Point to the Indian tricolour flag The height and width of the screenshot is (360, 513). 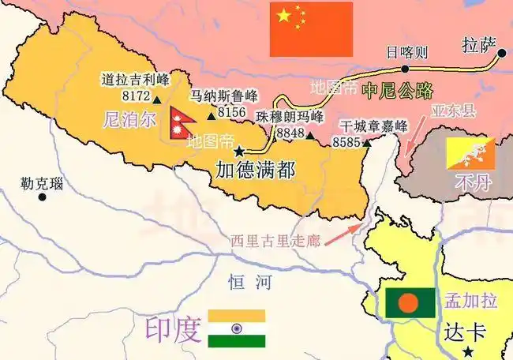(x=237, y=328)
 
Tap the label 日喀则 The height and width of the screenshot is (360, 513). (x=406, y=54)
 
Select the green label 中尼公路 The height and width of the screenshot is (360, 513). (x=397, y=91)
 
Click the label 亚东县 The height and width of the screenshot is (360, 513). (x=454, y=111)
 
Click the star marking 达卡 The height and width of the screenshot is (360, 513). (x=469, y=351)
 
